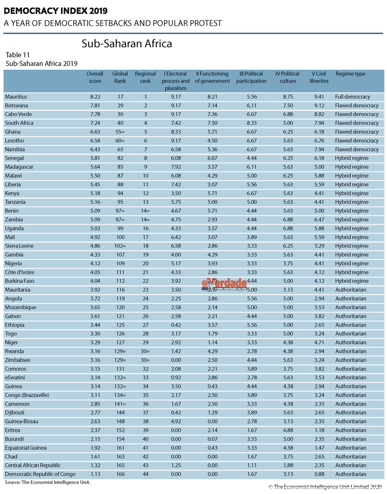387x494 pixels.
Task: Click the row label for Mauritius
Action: click(x=16, y=97)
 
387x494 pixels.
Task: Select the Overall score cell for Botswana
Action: click(x=95, y=106)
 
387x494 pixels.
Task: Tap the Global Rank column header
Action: click(x=120, y=77)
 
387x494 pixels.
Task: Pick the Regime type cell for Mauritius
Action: click(x=352, y=97)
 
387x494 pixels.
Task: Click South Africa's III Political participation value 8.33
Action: click(x=251, y=123)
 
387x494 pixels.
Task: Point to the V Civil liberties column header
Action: click(x=319, y=77)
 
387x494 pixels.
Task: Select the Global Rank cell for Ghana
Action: click(x=120, y=132)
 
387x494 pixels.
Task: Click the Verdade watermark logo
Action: click(x=224, y=284)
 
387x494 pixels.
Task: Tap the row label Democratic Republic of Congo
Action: click(x=40, y=474)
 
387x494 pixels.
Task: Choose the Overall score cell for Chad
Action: click(x=95, y=457)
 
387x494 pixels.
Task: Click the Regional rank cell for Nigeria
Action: click(x=146, y=264)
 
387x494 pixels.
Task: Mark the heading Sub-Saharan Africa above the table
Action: click(x=127, y=44)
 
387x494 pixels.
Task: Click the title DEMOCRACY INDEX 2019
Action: click(x=56, y=11)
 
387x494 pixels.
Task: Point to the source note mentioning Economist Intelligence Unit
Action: click(x=48, y=483)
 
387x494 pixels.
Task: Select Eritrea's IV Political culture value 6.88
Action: click(x=288, y=430)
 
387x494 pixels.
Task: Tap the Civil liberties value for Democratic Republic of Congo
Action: click(x=319, y=474)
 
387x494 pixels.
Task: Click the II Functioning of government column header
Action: click(x=212, y=77)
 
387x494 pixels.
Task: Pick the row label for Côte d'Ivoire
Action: click(x=20, y=272)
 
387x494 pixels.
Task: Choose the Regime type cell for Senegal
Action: click(x=351, y=158)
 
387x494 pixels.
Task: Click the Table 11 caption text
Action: click(x=17, y=55)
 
